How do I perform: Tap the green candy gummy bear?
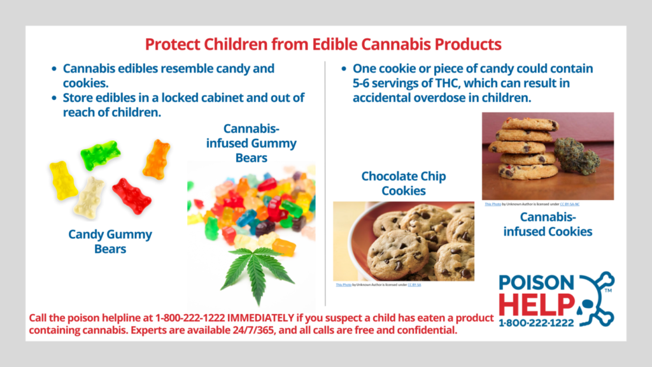tap(100, 154)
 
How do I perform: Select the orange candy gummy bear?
tap(157, 159)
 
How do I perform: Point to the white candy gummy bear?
tap(90, 198)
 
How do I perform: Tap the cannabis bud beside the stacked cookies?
tap(577, 157)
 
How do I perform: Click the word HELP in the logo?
tap(536, 304)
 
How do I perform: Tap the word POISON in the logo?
tap(537, 282)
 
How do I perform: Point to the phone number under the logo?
tap(536, 323)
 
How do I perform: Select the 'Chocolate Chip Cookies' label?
tap(403, 183)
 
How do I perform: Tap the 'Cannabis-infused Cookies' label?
tap(548, 224)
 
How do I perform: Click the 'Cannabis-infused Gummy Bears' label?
tap(251, 143)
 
